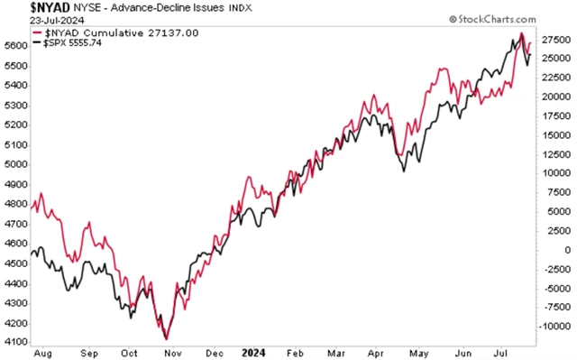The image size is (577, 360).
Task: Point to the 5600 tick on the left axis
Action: click(14, 45)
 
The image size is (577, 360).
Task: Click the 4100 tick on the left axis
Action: click(14, 341)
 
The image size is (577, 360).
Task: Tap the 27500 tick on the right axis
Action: click(556, 40)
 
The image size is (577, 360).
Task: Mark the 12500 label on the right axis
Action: click(556, 154)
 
